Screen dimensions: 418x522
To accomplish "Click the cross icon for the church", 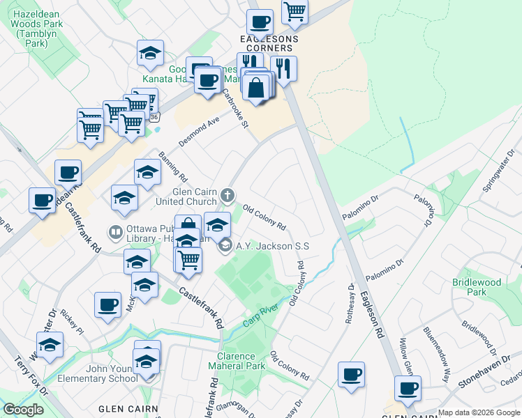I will pyautogui.click(x=228, y=194).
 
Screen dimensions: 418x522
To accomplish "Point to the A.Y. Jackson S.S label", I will pyautogui.click(x=272, y=245).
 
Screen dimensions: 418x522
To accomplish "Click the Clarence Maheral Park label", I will pyautogui.click(x=236, y=361).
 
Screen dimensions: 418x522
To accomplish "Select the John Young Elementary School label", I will pyautogui.click(x=112, y=373).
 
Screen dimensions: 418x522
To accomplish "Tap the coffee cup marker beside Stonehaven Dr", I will pyautogui.click(x=407, y=387).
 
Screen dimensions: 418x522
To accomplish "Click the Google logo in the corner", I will pyautogui.click(x=23, y=410).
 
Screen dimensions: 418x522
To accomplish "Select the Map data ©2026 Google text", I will pyautogui.click(x=479, y=412).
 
